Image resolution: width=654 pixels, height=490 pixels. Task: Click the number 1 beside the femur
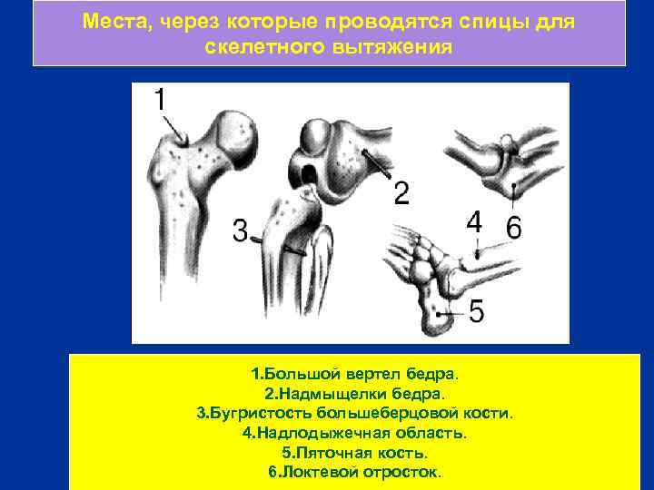click(x=160, y=99)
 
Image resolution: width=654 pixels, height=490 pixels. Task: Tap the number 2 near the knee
click(x=401, y=192)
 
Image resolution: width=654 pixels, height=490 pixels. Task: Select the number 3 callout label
click(x=240, y=231)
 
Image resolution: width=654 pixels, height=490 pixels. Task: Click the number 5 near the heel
click(x=476, y=311)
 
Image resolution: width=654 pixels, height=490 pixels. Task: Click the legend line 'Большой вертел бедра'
click(x=355, y=374)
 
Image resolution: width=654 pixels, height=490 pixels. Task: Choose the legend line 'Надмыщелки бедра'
click(x=355, y=394)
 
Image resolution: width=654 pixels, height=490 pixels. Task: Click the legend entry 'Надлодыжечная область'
click(x=355, y=433)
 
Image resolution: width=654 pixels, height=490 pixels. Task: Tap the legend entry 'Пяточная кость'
click(x=355, y=452)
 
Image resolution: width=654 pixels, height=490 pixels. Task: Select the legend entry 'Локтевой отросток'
click(x=355, y=472)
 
